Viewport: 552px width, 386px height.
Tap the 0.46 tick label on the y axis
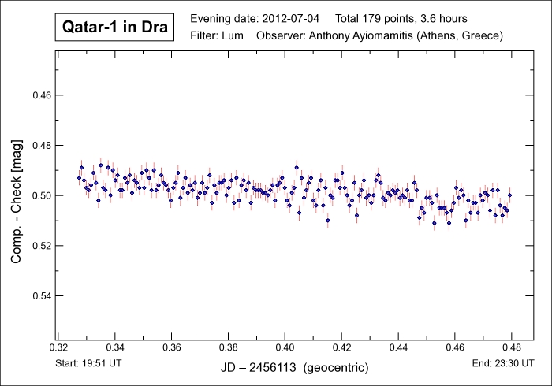click(40, 95)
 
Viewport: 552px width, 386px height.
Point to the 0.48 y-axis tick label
click(40, 146)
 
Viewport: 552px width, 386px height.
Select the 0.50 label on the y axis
click(40, 195)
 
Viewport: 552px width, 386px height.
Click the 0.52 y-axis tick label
click(40, 246)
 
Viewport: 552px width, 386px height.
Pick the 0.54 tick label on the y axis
click(40, 295)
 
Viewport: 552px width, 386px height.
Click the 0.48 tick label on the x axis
click(512, 347)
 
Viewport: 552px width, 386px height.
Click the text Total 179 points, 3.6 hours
click(403, 17)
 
